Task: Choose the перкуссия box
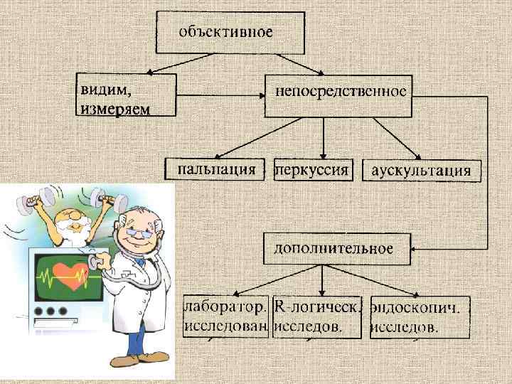pos(312,170)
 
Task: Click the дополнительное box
pos(334,248)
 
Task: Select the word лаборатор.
pos(226,308)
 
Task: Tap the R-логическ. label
pos(317,308)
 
